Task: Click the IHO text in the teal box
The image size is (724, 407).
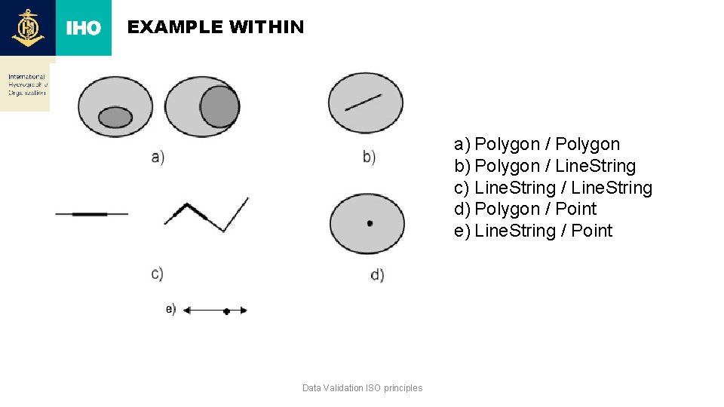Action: pyautogui.click(x=83, y=28)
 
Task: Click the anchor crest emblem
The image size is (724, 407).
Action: pyautogui.click(x=28, y=28)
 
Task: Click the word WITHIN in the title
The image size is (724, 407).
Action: pyautogui.click(x=266, y=27)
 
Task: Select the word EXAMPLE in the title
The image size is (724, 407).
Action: pyautogui.click(x=175, y=27)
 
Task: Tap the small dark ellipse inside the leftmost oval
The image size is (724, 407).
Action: pyautogui.click(x=115, y=117)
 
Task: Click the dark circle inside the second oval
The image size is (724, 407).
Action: pyautogui.click(x=219, y=106)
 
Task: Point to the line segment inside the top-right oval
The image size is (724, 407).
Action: pyautogui.click(x=364, y=101)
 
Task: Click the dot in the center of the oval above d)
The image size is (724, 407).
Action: pyautogui.click(x=370, y=223)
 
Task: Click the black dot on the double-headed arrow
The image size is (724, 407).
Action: pyautogui.click(x=226, y=311)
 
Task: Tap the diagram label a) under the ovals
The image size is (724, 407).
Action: pyautogui.click(x=158, y=157)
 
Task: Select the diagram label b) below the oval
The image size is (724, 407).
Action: pyautogui.click(x=369, y=157)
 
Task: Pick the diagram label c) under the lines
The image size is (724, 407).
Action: pyautogui.click(x=157, y=273)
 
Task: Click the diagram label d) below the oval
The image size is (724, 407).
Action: pyautogui.click(x=377, y=275)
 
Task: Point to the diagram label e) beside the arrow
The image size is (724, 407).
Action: pyautogui.click(x=171, y=309)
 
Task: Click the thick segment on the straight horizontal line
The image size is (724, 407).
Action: pyautogui.click(x=90, y=214)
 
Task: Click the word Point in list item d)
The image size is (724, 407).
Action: pyautogui.click(x=575, y=209)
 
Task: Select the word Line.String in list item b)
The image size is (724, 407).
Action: pyautogui.click(x=595, y=166)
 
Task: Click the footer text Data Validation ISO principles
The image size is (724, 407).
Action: pyautogui.click(x=362, y=388)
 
